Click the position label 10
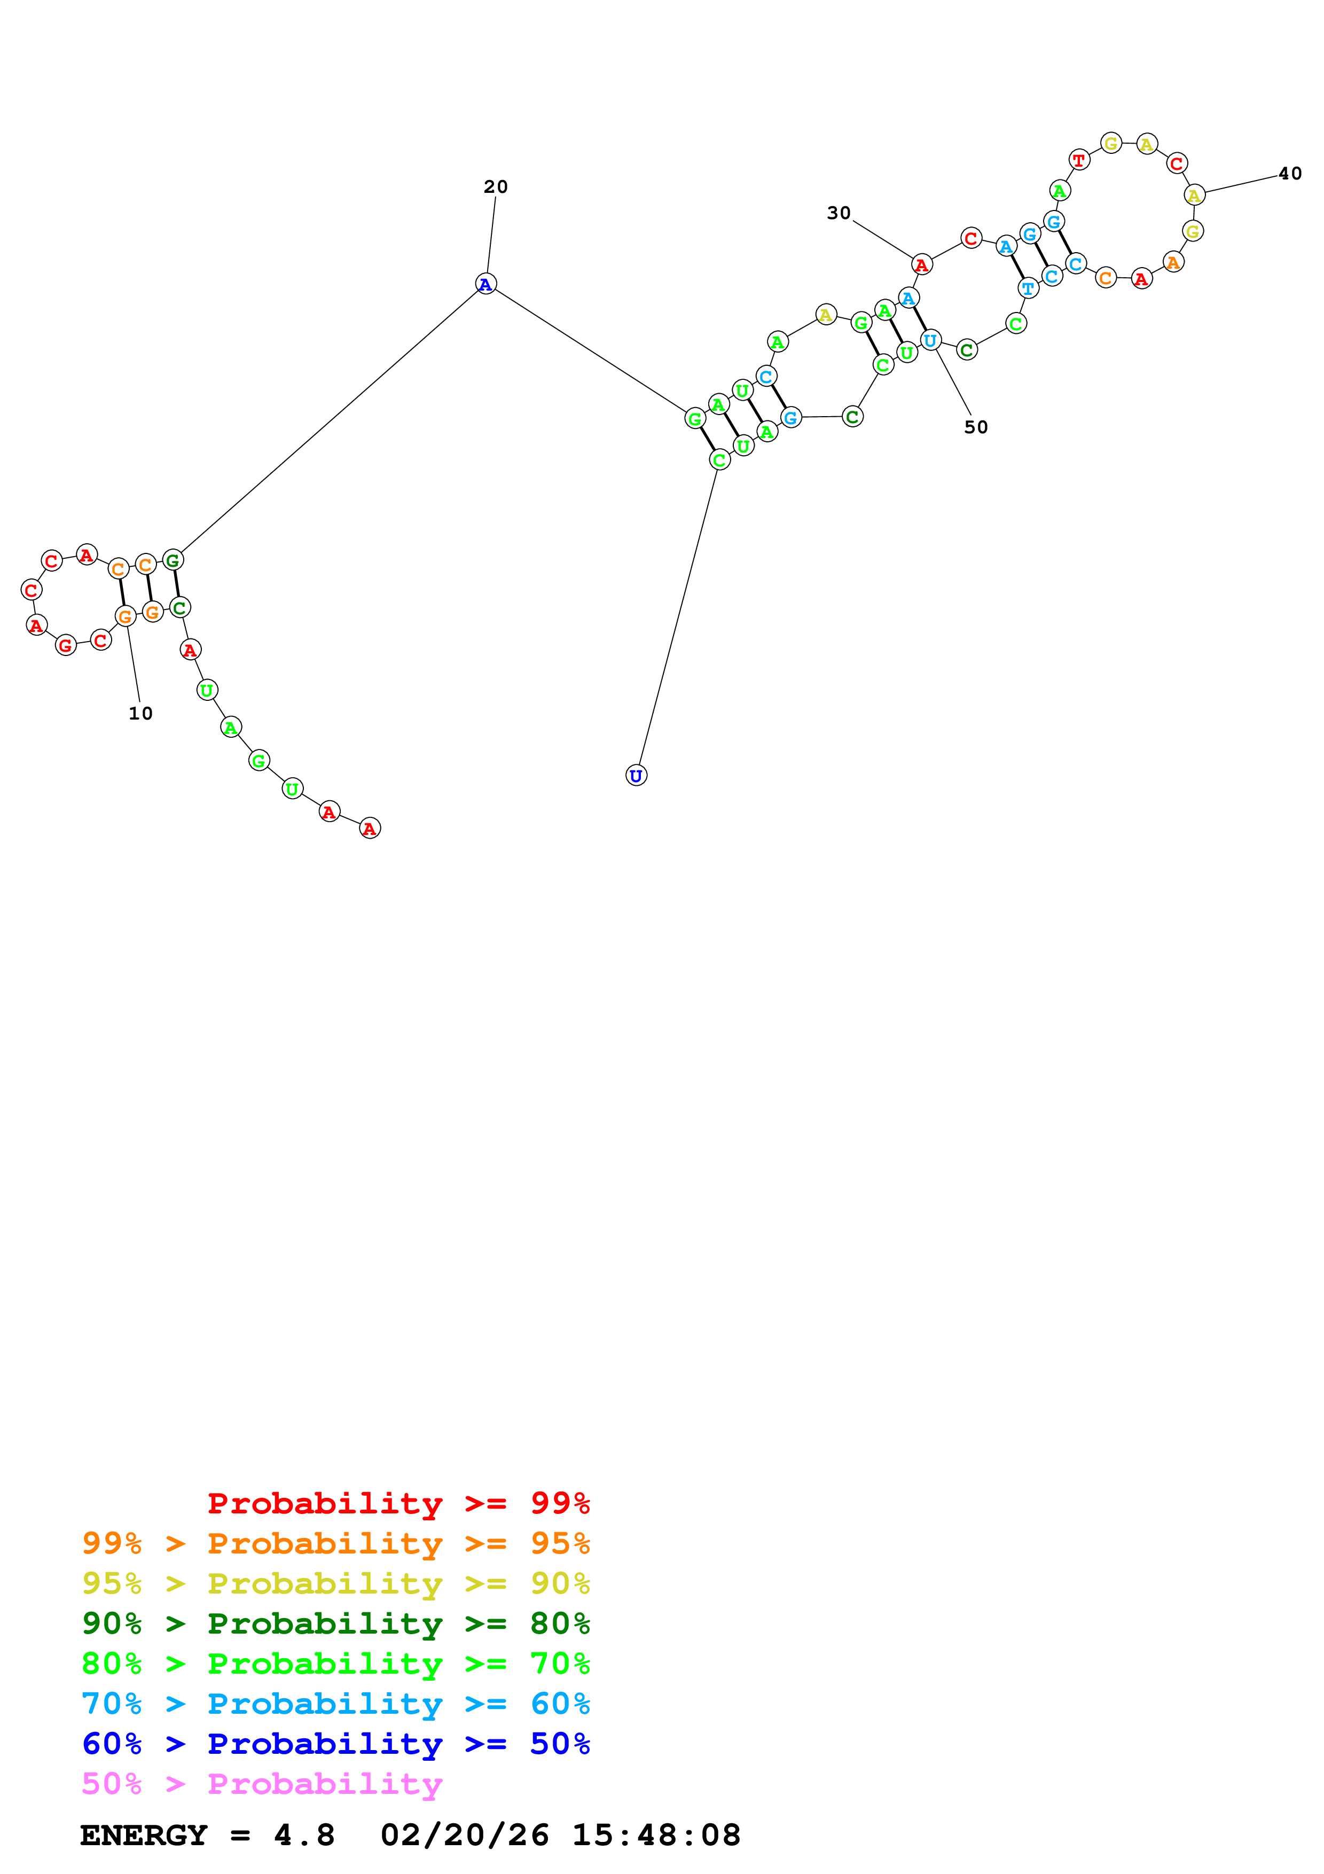tap(140, 713)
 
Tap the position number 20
tap(495, 187)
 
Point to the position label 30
tap(839, 213)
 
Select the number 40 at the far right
tap(1290, 174)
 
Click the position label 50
tap(976, 428)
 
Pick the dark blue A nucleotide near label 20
tap(486, 284)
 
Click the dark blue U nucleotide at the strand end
tap(636, 775)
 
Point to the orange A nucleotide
tap(1173, 262)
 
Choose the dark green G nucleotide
tap(172, 560)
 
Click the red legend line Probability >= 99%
tap(398, 1503)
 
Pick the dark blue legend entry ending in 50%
tap(335, 1744)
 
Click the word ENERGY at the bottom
tap(144, 1836)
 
